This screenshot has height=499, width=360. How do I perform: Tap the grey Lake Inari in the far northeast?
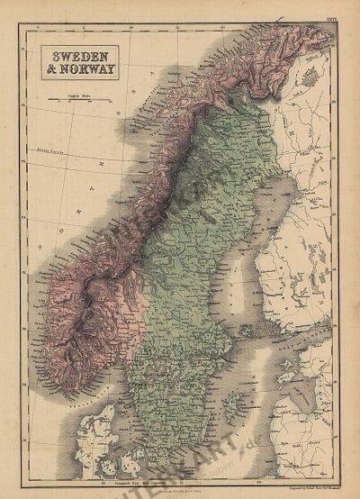click(x=310, y=78)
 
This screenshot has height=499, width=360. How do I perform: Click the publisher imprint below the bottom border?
click(x=180, y=487)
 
